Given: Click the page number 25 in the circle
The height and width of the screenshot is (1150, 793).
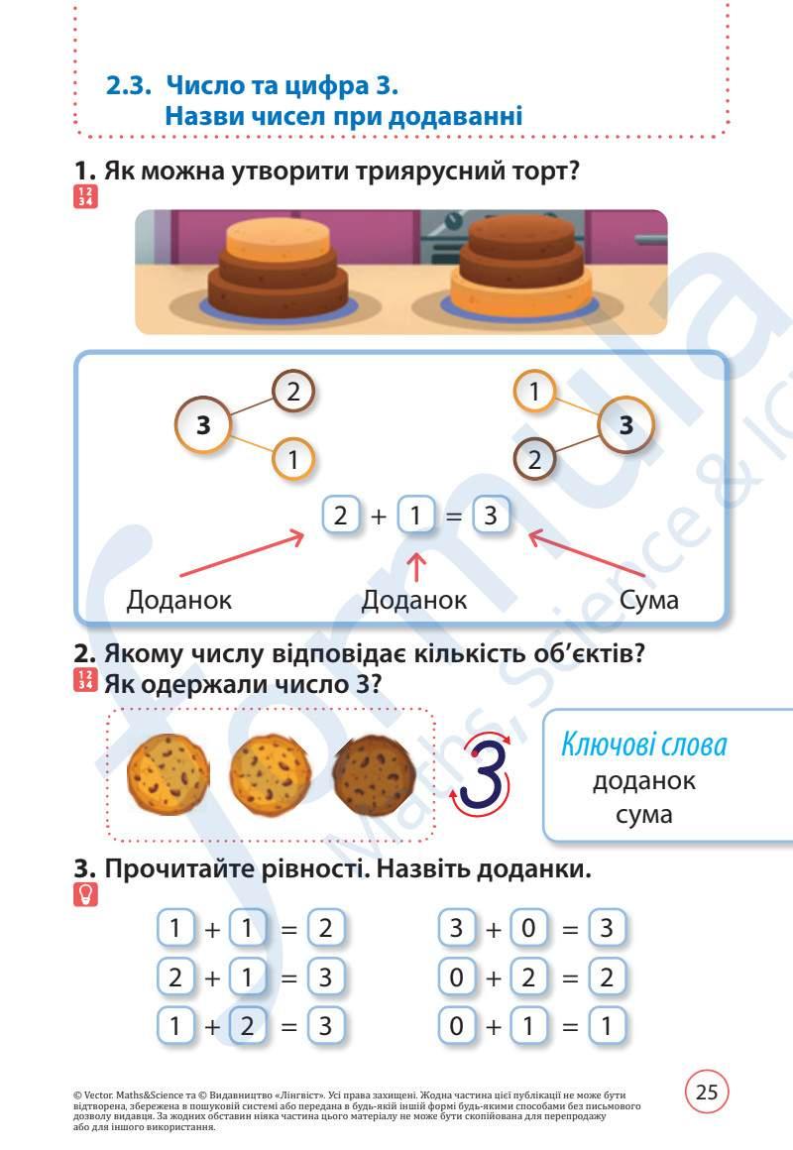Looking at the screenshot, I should [707, 1092].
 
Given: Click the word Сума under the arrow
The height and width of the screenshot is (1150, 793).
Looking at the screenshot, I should [648, 600].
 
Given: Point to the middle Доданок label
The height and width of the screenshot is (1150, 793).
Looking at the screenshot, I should [414, 600].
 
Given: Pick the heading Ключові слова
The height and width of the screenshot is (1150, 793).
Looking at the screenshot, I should [644, 744].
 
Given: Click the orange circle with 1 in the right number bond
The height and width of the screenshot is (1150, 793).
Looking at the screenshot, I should [534, 393].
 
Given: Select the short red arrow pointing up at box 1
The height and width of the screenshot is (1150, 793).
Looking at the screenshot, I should [417, 568].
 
